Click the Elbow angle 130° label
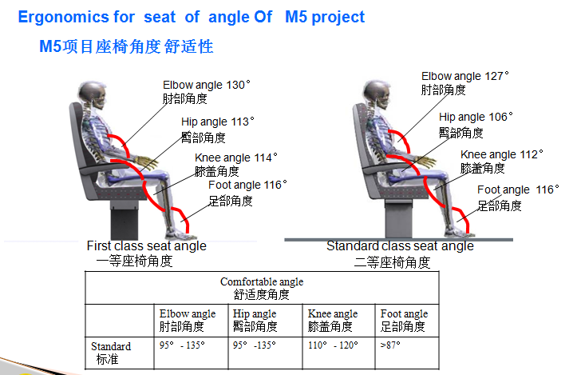click(207, 86)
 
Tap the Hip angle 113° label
click(218, 122)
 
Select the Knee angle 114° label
click(235, 158)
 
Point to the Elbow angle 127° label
click(464, 76)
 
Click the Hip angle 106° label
click(476, 117)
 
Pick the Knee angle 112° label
click(501, 154)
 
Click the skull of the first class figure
click(92, 94)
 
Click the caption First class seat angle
click(146, 245)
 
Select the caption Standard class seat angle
click(400, 245)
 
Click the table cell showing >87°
click(407, 353)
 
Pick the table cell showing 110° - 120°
click(338, 353)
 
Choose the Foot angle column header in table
click(404, 320)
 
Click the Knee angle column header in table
click(333, 320)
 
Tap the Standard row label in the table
click(111, 353)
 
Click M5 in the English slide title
click(296, 17)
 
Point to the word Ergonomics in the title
click(63, 18)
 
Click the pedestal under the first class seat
click(125, 220)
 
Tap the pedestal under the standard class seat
click(399, 218)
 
